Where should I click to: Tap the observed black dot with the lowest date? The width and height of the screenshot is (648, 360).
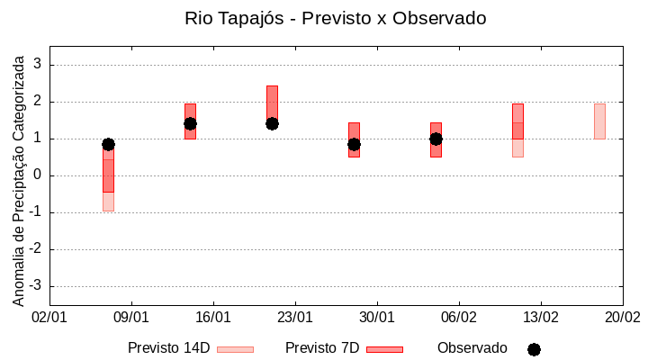tap(108, 144)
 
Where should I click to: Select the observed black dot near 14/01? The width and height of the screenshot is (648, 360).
tap(190, 123)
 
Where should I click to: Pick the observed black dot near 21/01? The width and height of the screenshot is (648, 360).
tap(272, 123)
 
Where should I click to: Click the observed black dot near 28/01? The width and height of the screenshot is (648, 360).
tap(354, 144)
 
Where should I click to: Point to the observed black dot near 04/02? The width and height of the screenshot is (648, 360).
tap(436, 139)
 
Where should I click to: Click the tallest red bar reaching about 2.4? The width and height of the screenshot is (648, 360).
tap(272, 99)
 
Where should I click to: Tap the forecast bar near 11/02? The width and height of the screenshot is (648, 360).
tap(517, 130)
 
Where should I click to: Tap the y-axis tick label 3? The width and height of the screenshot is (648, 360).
tap(39, 65)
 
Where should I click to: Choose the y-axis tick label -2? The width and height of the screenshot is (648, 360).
tap(36, 249)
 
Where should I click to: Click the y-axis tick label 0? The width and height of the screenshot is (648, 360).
tap(39, 175)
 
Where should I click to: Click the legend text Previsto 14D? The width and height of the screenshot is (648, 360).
tap(169, 348)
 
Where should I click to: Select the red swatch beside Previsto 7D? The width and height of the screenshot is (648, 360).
tap(384, 349)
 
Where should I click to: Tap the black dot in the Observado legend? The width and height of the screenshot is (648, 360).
tap(534, 349)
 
